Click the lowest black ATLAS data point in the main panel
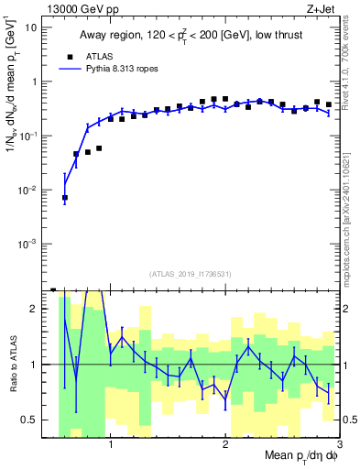tap(65, 197)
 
